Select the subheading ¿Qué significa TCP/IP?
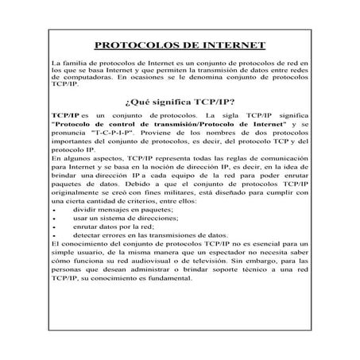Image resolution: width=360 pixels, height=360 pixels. coord(179,102)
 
